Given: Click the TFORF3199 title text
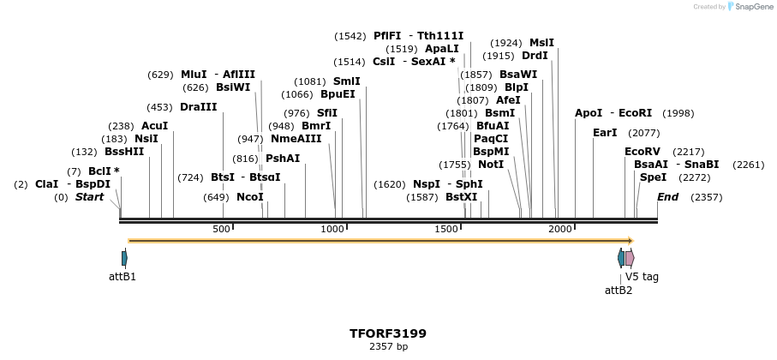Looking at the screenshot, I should (387, 333).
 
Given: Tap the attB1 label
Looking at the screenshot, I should (123, 277).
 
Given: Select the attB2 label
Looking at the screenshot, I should (619, 290).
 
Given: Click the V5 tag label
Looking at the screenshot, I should (642, 277).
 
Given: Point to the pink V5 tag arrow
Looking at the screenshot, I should (630, 258).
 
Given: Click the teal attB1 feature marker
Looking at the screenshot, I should (124, 258).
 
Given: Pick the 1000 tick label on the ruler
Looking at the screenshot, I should (332, 230).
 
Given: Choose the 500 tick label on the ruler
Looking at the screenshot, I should (221, 230).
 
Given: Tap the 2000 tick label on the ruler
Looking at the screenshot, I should (560, 230).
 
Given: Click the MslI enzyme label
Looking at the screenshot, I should (541, 43).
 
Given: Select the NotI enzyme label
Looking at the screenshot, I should (491, 165).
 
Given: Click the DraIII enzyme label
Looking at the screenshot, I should (199, 107).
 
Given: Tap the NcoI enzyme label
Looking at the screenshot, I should (250, 197).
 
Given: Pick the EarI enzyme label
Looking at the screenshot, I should (605, 133).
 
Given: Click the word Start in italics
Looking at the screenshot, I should (89, 197).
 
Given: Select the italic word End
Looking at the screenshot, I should (668, 197).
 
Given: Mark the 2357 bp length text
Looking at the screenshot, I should (387, 347).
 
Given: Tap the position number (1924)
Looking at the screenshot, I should (505, 43).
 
